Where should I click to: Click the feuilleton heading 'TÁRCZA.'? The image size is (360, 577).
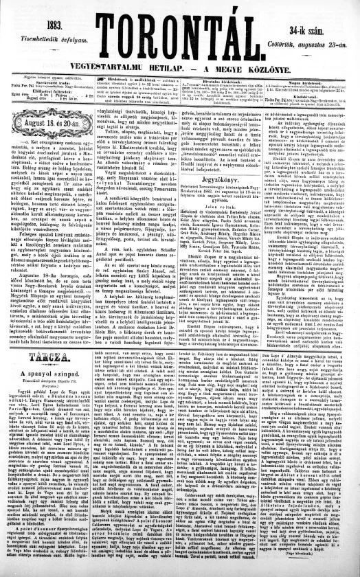pos(47,321)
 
